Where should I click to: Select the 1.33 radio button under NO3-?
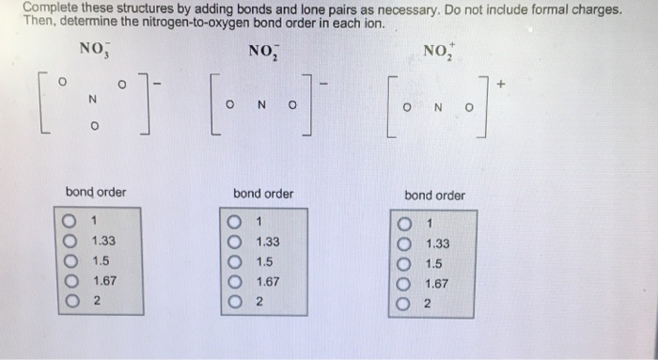click(69, 241)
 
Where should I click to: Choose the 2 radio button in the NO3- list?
click(69, 301)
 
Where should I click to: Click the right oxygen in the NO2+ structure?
click(469, 107)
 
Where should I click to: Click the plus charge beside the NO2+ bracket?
click(501, 84)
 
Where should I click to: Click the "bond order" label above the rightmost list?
click(434, 196)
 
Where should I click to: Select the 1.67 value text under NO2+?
click(437, 283)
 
